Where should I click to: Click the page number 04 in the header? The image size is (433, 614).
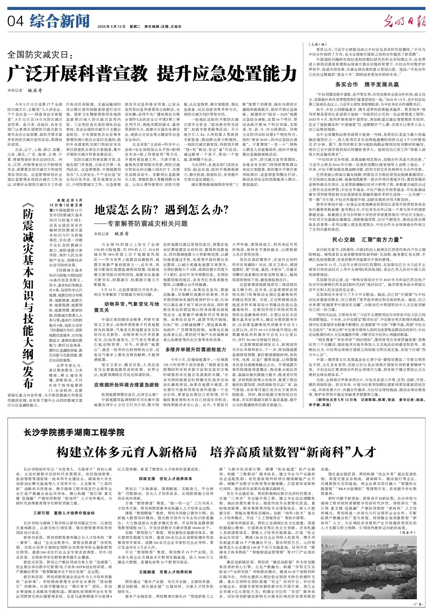click(x=15, y=22)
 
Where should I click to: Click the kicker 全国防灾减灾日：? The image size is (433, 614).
click(x=40, y=55)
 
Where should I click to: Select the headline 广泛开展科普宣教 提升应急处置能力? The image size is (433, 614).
click(x=152, y=73)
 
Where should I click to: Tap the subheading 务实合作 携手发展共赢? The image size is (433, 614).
click(x=367, y=84)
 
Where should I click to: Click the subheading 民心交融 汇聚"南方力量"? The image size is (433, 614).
click(x=367, y=240)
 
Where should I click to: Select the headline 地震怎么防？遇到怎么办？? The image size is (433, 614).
click(x=161, y=210)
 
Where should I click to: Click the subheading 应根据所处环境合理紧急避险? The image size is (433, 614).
click(x=127, y=385)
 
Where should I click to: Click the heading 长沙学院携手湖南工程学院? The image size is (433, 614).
click(x=74, y=432)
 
